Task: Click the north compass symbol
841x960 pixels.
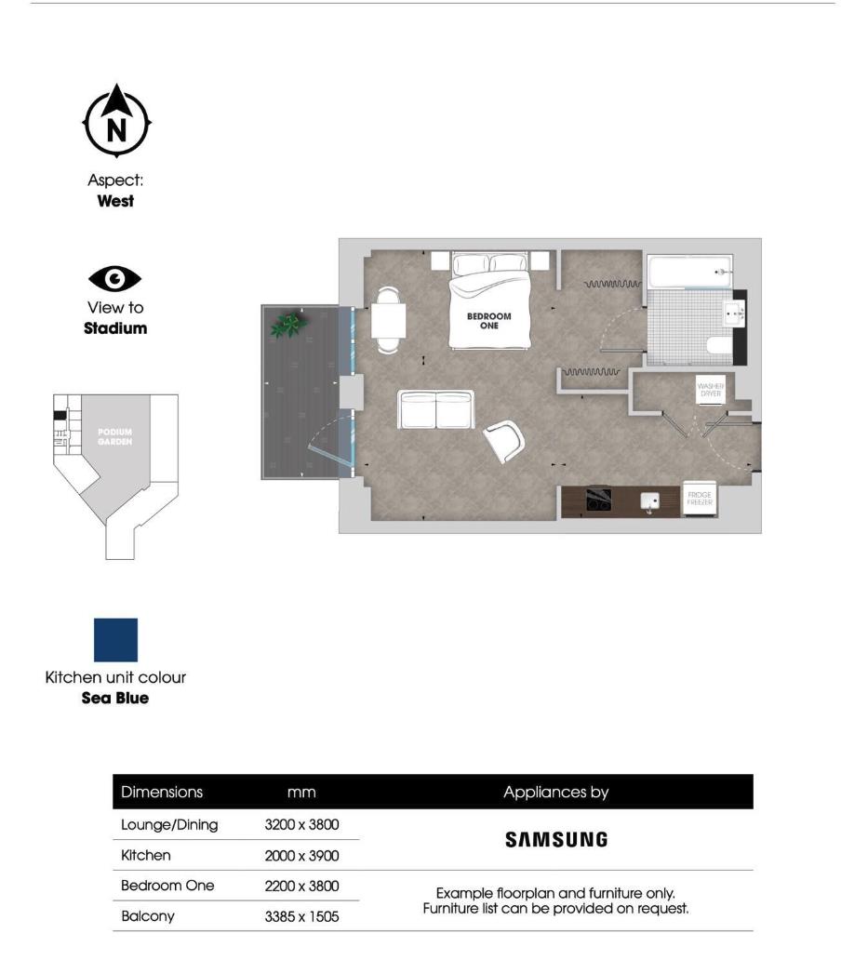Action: click(116, 122)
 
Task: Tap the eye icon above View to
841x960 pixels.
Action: click(115, 278)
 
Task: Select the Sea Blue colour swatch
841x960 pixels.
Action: click(115, 640)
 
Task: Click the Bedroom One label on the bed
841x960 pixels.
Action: click(489, 321)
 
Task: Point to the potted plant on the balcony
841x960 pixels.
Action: click(288, 324)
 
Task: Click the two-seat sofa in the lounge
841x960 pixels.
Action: click(435, 409)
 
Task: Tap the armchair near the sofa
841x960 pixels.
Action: click(504, 440)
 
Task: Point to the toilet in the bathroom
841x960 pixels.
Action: click(718, 347)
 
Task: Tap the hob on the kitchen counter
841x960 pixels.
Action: click(597, 499)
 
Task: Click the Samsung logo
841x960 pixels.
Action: click(556, 839)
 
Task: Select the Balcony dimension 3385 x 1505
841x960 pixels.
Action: click(301, 916)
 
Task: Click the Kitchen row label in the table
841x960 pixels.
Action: click(146, 855)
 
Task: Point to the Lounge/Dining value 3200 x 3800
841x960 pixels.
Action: click(301, 824)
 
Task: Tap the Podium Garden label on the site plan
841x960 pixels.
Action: click(115, 437)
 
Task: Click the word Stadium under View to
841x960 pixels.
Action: click(115, 327)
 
